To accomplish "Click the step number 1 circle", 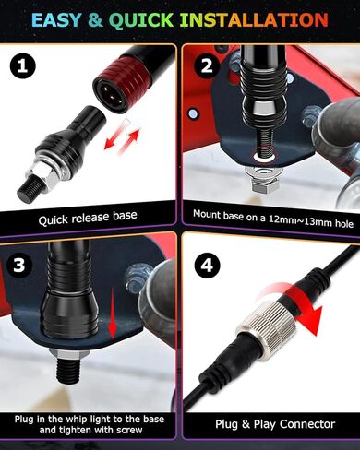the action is pos(22,66).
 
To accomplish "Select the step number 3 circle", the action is pos(18,265).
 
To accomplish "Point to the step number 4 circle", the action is pos(208,265).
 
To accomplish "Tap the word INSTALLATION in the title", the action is pos(254,19).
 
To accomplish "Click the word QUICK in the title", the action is pos(141,20).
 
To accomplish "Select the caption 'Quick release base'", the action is pos(88,218).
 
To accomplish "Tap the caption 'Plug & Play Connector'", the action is pos(275,424).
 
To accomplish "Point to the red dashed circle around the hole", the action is pos(264,154).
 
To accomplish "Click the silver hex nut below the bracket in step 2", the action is pos(265,184).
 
